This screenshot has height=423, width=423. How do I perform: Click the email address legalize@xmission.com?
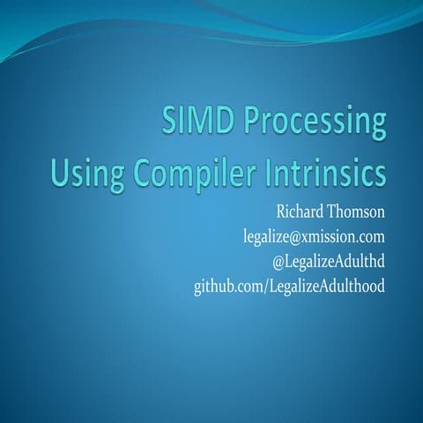[x=315, y=237]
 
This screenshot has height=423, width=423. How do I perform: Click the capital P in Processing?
[x=244, y=123]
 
